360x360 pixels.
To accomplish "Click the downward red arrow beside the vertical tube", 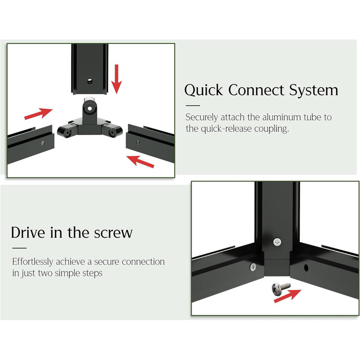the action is pos(117,79).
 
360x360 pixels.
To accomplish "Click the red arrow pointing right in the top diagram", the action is pos(38,114).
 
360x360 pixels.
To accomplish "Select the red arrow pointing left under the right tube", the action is pos(140,162).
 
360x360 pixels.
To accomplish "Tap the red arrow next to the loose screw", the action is pos(288,296).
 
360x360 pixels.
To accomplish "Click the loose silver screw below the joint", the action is pos(281,288).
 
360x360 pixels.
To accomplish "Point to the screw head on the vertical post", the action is pos(277,242).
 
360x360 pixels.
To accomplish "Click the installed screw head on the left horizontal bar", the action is pos(253,267).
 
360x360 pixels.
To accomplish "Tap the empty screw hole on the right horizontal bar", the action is pos(306,268).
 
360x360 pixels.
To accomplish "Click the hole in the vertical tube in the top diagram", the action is pos(90,81).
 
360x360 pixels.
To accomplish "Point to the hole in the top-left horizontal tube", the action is pos(43,143).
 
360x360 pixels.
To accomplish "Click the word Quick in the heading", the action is pos(203,90).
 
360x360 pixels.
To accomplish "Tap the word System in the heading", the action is pos(313,90).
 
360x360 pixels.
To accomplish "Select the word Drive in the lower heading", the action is pos(28,232).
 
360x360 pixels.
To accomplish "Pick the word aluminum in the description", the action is pos(282,117).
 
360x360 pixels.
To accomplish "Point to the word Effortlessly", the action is pos(33,261).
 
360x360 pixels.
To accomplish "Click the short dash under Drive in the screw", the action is pos(19,248).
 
